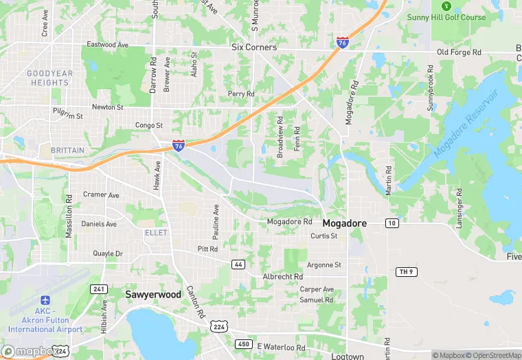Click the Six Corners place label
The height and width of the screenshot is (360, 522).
click(254, 47)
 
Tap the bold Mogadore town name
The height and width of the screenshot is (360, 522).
click(344, 223)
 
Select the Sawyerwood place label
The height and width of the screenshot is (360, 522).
click(152, 294)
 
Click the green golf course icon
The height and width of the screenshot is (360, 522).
click(446, 6)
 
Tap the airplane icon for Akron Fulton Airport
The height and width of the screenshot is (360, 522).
click(45, 300)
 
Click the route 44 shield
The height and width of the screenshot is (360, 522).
click(238, 264)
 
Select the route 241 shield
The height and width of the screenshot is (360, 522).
click(99, 289)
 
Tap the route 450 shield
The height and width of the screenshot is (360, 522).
click(243, 344)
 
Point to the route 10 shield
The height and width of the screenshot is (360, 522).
click(391, 223)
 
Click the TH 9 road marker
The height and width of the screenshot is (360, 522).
click(406, 272)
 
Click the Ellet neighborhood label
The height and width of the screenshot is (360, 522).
click(155, 233)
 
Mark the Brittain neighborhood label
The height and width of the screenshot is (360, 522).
click(67, 150)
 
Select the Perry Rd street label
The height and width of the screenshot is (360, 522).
click(241, 94)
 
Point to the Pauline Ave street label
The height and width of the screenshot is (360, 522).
click(216, 218)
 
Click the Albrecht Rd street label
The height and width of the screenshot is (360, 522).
click(282, 276)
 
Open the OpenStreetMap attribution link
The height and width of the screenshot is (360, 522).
click(494, 355)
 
